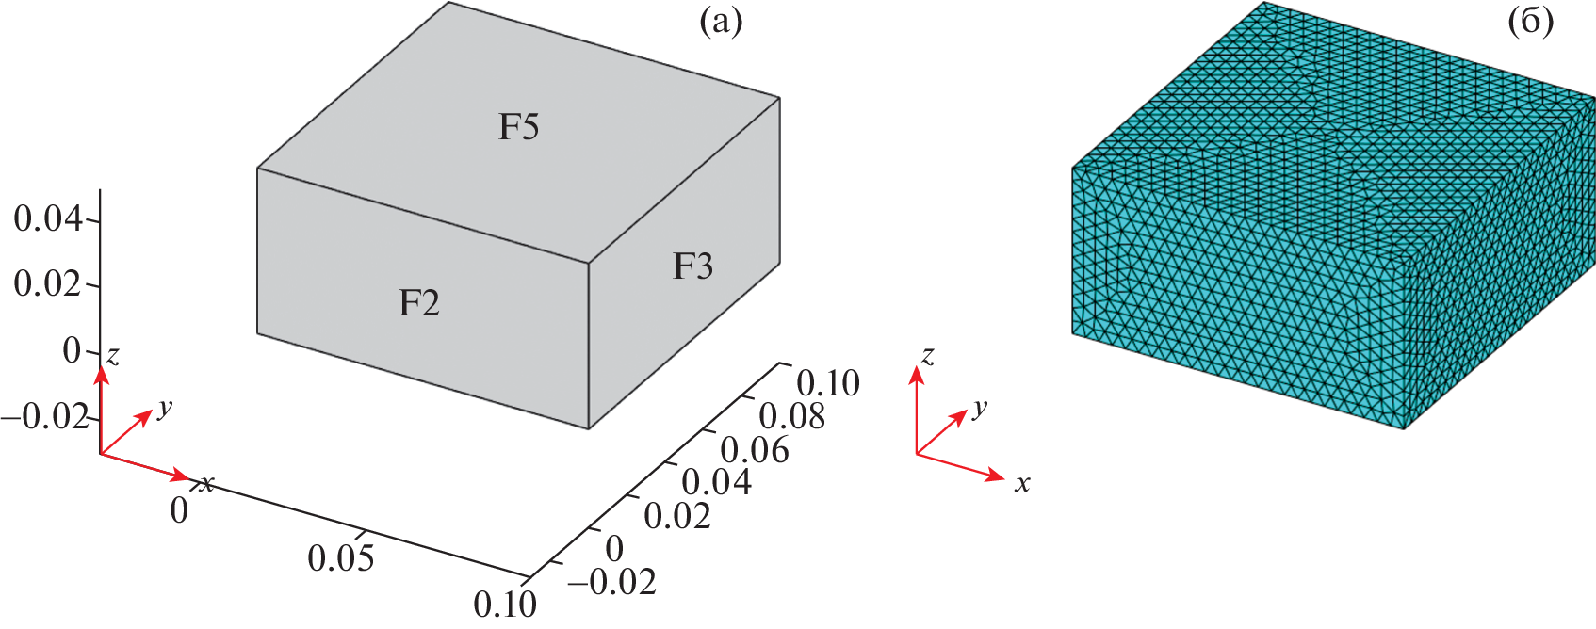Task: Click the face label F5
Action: [x=518, y=127]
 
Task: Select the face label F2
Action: [x=418, y=303]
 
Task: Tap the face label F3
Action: [x=692, y=266]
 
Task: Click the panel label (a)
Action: [x=721, y=22]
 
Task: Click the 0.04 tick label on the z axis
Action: [x=48, y=219]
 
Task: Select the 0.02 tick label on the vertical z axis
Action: [x=48, y=283]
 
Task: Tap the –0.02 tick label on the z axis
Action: [x=45, y=415]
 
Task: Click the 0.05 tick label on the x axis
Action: [x=341, y=558]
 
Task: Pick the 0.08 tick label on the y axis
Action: [x=791, y=416]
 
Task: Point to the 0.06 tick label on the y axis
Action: [x=754, y=450]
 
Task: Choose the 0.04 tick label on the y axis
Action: [x=716, y=483]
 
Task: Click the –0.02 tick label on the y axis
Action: [x=611, y=582]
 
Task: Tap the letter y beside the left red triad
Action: [x=166, y=408]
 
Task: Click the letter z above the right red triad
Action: [x=928, y=355]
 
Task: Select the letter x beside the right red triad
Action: [x=1022, y=484]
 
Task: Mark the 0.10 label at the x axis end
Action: [x=505, y=604]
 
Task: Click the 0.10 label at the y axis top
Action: [x=827, y=383]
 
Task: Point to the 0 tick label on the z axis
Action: [x=72, y=351]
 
